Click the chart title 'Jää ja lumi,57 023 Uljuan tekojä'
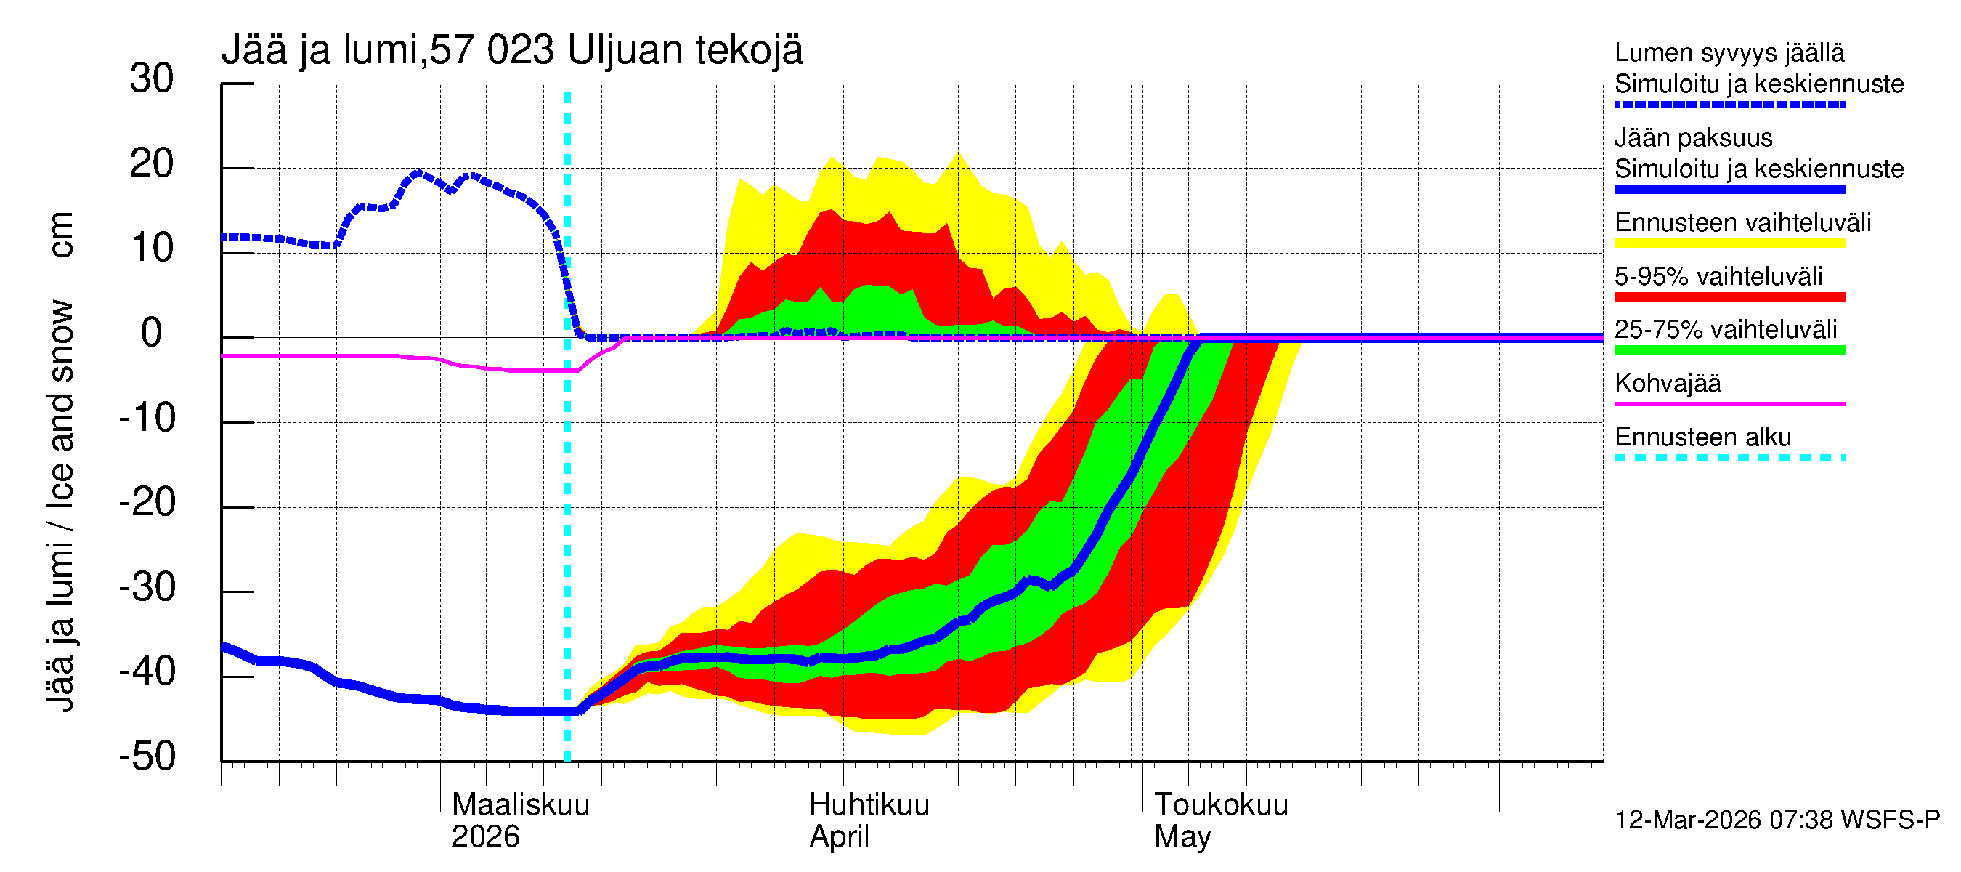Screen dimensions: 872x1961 pyautogui.click(x=511, y=50)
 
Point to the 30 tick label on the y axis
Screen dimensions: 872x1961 pyautogui.click(x=152, y=79)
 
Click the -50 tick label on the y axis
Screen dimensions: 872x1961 pyautogui.click(x=147, y=756)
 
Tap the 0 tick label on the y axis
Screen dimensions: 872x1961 pyautogui.click(x=152, y=334)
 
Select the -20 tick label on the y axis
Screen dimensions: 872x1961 pyautogui.click(x=147, y=503)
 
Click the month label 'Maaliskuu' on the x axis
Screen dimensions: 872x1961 pyautogui.click(x=521, y=804)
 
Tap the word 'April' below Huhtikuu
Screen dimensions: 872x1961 pyautogui.click(x=839, y=836)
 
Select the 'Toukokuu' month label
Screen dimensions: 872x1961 pyautogui.click(x=1221, y=804)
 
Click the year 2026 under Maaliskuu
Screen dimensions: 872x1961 pyautogui.click(x=485, y=836)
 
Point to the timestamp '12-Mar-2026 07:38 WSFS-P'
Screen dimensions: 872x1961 pyautogui.click(x=1777, y=820)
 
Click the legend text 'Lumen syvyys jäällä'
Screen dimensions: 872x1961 pyautogui.click(x=1729, y=52)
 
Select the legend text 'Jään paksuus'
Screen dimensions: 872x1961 pyautogui.click(x=1693, y=138)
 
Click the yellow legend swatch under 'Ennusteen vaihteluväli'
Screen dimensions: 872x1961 pyautogui.click(x=1729, y=243)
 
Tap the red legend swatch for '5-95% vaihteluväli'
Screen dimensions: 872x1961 pyautogui.click(x=1729, y=297)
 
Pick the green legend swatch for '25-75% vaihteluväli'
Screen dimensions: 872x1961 pyautogui.click(x=1729, y=350)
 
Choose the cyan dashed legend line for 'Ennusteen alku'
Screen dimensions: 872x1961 pyautogui.click(x=1729, y=458)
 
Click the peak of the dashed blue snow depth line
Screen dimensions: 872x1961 pyautogui.click(x=417, y=173)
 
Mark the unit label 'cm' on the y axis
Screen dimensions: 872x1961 pyautogui.click(x=61, y=235)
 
